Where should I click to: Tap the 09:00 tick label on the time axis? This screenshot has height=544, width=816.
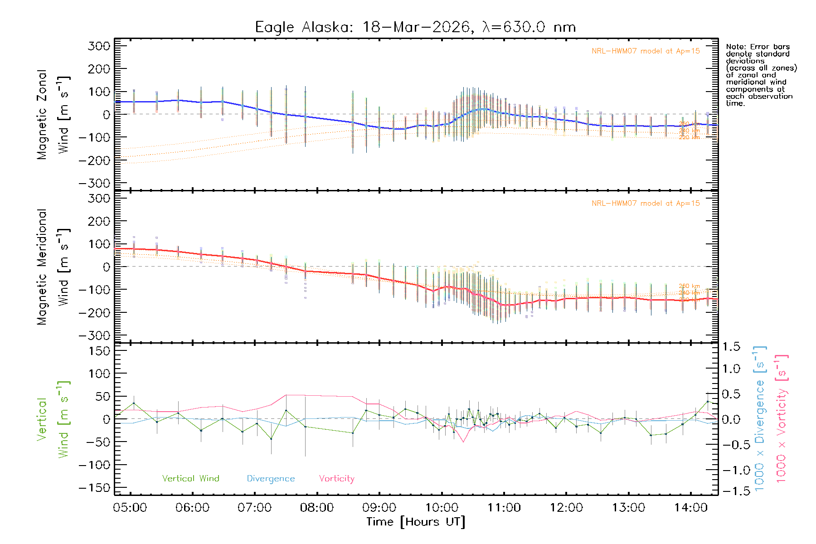(x=379, y=507)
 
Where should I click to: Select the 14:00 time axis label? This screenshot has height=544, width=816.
(x=690, y=507)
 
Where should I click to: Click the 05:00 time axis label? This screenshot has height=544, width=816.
(x=130, y=507)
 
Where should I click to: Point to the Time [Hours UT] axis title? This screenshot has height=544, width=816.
(x=416, y=522)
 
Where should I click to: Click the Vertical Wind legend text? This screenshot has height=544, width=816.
(x=190, y=478)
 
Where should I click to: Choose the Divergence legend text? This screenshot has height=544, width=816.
(x=271, y=478)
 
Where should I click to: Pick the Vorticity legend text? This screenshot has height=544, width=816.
(x=336, y=478)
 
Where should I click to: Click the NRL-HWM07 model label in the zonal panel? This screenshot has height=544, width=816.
(x=646, y=51)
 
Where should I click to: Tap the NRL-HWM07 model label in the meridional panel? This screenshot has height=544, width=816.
(x=646, y=204)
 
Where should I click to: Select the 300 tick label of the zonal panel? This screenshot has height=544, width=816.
(x=99, y=46)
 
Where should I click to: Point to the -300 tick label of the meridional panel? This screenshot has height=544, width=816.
(x=94, y=335)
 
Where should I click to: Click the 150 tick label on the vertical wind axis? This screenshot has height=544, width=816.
(x=99, y=351)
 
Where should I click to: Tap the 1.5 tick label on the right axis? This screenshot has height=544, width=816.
(x=731, y=347)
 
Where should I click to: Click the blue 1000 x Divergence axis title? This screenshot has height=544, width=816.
(x=760, y=418)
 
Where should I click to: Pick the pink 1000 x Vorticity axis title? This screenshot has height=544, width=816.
(x=782, y=418)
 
